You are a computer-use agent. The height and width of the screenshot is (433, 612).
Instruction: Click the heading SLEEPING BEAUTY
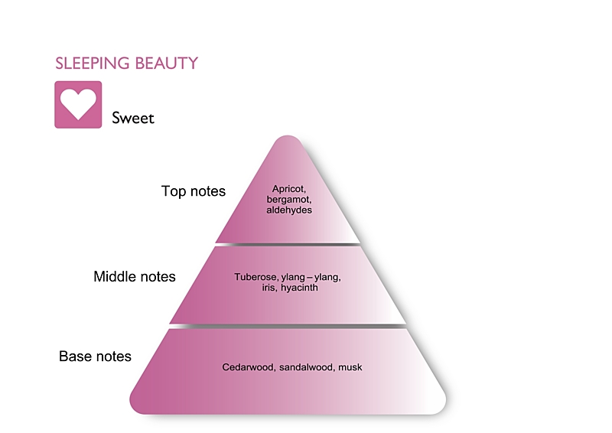(126, 63)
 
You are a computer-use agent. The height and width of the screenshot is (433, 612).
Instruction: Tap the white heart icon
(78, 104)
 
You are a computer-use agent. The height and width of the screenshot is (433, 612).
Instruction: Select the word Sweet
(133, 118)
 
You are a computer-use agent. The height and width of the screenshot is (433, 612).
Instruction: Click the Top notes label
(194, 191)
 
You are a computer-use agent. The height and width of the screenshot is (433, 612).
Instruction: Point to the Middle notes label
(135, 276)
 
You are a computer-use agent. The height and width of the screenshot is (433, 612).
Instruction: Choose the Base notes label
(95, 356)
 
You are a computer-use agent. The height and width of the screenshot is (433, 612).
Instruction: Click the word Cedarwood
(248, 367)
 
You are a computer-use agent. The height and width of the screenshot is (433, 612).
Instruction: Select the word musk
(350, 367)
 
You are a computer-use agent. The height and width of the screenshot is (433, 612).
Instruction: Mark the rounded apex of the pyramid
(288, 142)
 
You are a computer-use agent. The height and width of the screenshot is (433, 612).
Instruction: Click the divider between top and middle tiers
(288, 244)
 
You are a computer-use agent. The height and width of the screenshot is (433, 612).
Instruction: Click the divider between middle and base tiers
(288, 326)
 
